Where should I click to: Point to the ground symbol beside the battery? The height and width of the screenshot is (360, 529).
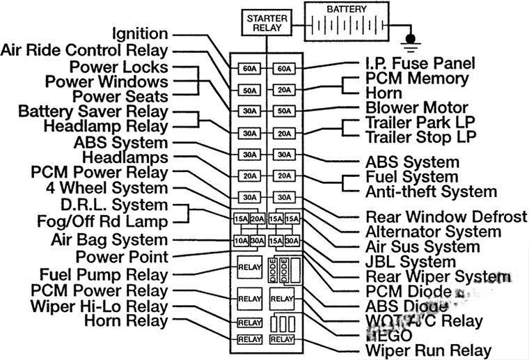coord(411,41)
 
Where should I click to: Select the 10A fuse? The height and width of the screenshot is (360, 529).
coord(240,240)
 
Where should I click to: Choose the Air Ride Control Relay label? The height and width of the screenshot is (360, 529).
coord(84,50)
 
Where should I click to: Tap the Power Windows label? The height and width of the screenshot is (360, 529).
coord(106,81)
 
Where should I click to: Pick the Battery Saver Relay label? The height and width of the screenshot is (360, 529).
coord(93,111)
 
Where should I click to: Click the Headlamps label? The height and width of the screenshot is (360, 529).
coord(125,157)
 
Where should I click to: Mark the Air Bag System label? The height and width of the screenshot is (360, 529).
coord(109,240)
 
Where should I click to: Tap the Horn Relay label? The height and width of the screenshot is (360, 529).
coord(126,321)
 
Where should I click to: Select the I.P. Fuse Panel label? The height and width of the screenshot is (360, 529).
coord(420,63)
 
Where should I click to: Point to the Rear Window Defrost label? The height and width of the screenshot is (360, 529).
coord(446,217)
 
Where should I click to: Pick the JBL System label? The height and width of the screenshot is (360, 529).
coord(411,262)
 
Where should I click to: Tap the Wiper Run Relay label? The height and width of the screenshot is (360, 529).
coord(428,350)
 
